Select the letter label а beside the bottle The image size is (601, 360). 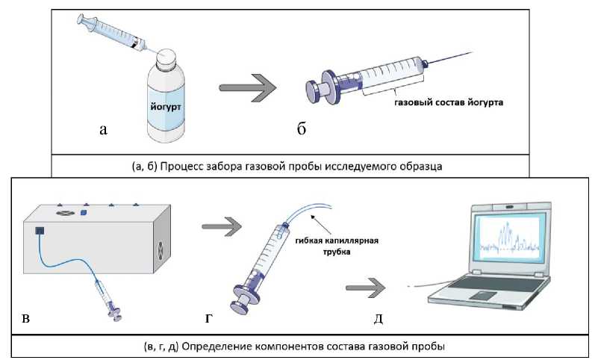click(x=104, y=130)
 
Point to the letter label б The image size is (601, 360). click(x=302, y=130)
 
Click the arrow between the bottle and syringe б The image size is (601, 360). click(x=247, y=87)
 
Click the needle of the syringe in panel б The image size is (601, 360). click(x=448, y=59)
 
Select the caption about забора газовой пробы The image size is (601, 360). click(x=289, y=167)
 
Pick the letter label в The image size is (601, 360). click(x=26, y=319)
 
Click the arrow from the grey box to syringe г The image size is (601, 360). click(x=222, y=225)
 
